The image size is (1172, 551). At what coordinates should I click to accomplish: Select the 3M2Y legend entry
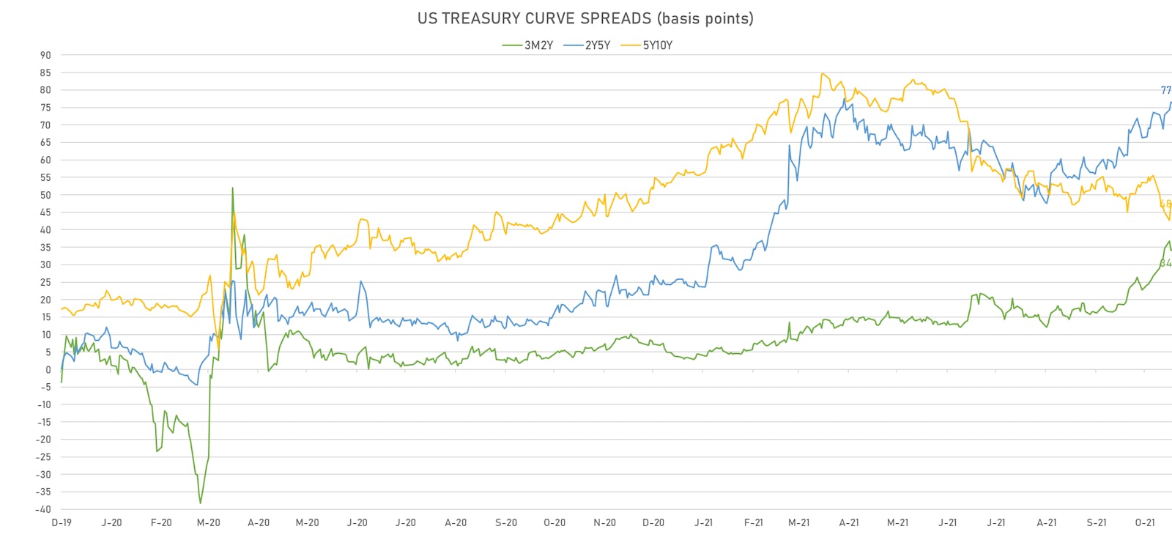[538, 45]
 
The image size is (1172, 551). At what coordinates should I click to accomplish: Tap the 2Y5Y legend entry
[597, 45]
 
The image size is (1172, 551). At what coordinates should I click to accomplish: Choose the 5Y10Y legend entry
[657, 45]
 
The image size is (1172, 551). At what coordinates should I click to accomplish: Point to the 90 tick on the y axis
[45, 55]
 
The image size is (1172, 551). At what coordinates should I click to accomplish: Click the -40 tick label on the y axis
[44, 509]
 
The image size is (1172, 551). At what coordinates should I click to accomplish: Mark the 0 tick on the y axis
[48, 370]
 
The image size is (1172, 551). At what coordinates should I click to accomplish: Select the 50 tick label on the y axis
[45, 195]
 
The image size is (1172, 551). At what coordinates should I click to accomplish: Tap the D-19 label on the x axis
[62, 522]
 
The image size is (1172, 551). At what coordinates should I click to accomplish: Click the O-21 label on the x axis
[1145, 522]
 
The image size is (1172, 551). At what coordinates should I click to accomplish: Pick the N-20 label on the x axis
[604, 522]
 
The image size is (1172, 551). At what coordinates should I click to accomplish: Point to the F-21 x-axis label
[753, 522]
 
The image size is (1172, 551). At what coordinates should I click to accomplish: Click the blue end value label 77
[1165, 90]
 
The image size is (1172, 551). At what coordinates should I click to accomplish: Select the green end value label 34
[1165, 263]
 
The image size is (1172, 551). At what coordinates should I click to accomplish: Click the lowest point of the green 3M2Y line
[200, 503]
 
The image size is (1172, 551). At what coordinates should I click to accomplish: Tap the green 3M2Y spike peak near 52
[233, 188]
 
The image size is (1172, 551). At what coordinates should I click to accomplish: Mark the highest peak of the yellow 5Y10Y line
[823, 73]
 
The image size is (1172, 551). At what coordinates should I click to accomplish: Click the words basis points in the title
[706, 18]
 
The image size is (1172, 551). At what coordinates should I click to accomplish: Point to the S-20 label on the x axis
[505, 522]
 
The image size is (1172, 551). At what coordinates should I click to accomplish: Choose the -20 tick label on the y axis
[44, 440]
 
